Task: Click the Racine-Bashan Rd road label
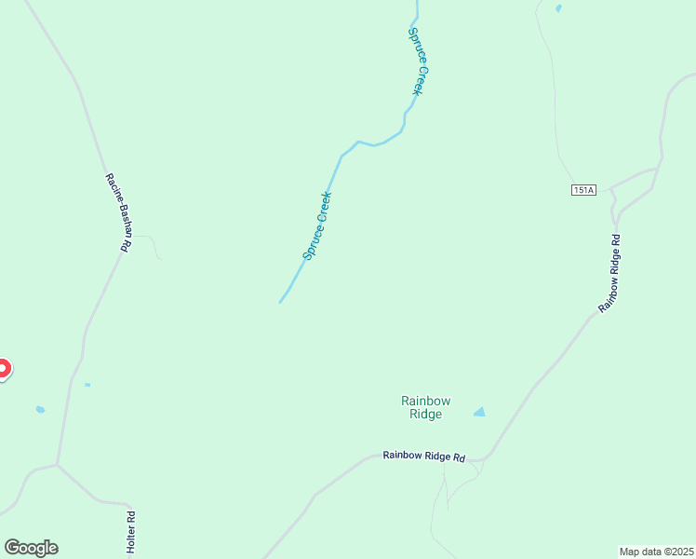click(x=116, y=213)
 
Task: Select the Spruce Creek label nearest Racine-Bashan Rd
click(x=317, y=225)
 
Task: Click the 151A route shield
click(x=583, y=190)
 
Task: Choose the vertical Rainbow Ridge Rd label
click(x=609, y=272)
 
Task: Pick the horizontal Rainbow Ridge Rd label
click(x=423, y=457)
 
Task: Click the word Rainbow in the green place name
click(x=425, y=401)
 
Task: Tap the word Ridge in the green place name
click(x=425, y=415)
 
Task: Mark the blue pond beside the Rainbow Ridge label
click(x=479, y=412)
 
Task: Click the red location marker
click(x=2, y=369)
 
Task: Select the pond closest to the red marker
click(x=40, y=409)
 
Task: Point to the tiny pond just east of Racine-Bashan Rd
click(x=87, y=385)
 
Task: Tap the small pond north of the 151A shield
click(x=558, y=8)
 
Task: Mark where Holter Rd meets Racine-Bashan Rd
click(x=58, y=464)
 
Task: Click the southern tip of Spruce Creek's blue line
click(x=280, y=302)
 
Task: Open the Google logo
click(x=31, y=548)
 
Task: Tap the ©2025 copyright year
click(x=677, y=551)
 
